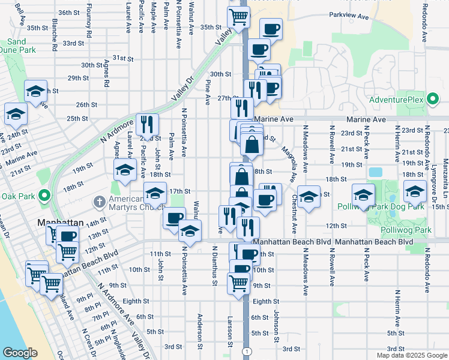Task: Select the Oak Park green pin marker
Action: pos(43,196)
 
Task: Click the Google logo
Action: pos(20,352)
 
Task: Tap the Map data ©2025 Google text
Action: pos(411,355)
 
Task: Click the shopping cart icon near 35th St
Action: pos(238,19)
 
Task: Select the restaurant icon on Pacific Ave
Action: pos(147,125)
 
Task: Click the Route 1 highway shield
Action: pos(246,350)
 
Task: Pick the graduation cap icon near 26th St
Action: pos(36,92)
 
